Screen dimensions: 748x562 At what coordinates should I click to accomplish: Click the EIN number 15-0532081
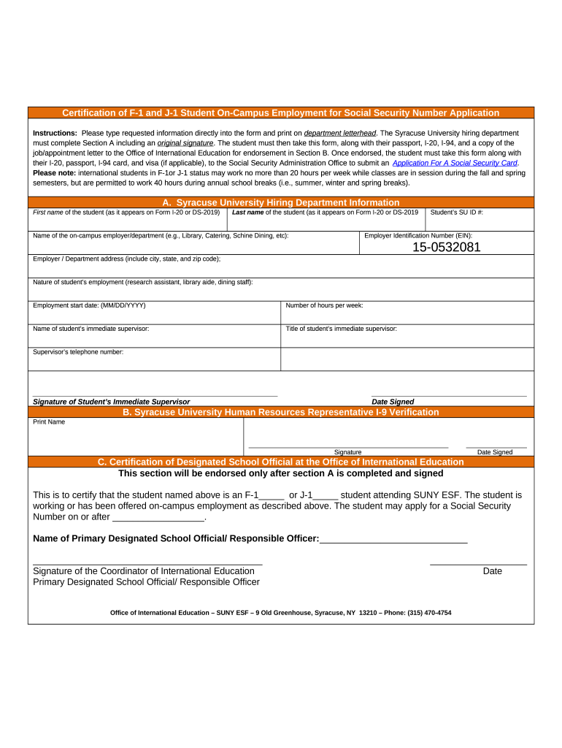(446, 247)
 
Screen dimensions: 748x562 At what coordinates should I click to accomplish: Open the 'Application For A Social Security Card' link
(455, 163)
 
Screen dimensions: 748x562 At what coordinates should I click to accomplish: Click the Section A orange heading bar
(281, 202)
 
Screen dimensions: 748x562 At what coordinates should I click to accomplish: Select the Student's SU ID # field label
(457, 213)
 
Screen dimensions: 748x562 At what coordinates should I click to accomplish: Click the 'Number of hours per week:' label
(324, 305)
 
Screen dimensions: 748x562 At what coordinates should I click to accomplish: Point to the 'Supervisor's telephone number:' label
(78, 352)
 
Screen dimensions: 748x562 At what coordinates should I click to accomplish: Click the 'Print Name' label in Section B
(49, 422)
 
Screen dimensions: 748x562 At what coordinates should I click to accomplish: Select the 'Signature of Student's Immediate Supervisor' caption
(111, 402)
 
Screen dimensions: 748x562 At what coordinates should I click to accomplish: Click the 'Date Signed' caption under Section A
(393, 402)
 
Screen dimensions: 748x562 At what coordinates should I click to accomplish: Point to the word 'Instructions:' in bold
(55, 133)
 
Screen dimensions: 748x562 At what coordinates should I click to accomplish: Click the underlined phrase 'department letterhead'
(340, 133)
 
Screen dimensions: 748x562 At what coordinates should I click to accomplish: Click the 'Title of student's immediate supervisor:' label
(342, 329)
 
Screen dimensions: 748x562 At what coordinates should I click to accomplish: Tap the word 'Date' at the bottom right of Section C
(492, 571)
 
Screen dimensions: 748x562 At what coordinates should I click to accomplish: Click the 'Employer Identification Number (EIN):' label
(418, 235)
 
